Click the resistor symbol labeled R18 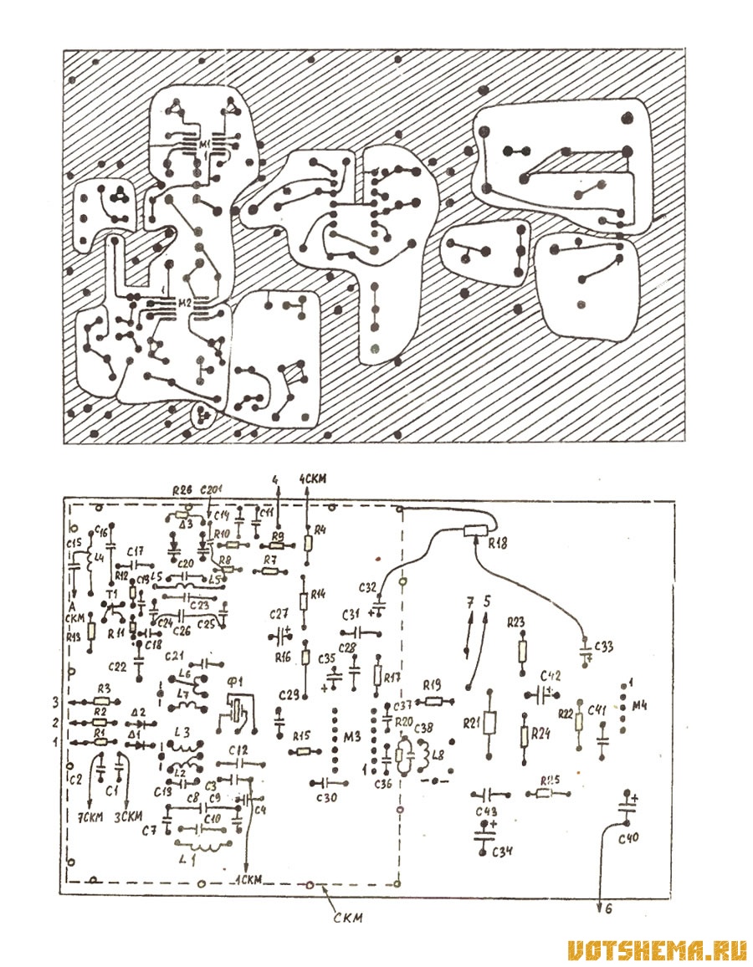coord(474,530)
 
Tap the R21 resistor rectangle coord(489,722)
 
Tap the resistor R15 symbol coord(301,751)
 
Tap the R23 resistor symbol coord(523,648)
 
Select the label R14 coord(318,596)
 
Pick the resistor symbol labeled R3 coord(102,701)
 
